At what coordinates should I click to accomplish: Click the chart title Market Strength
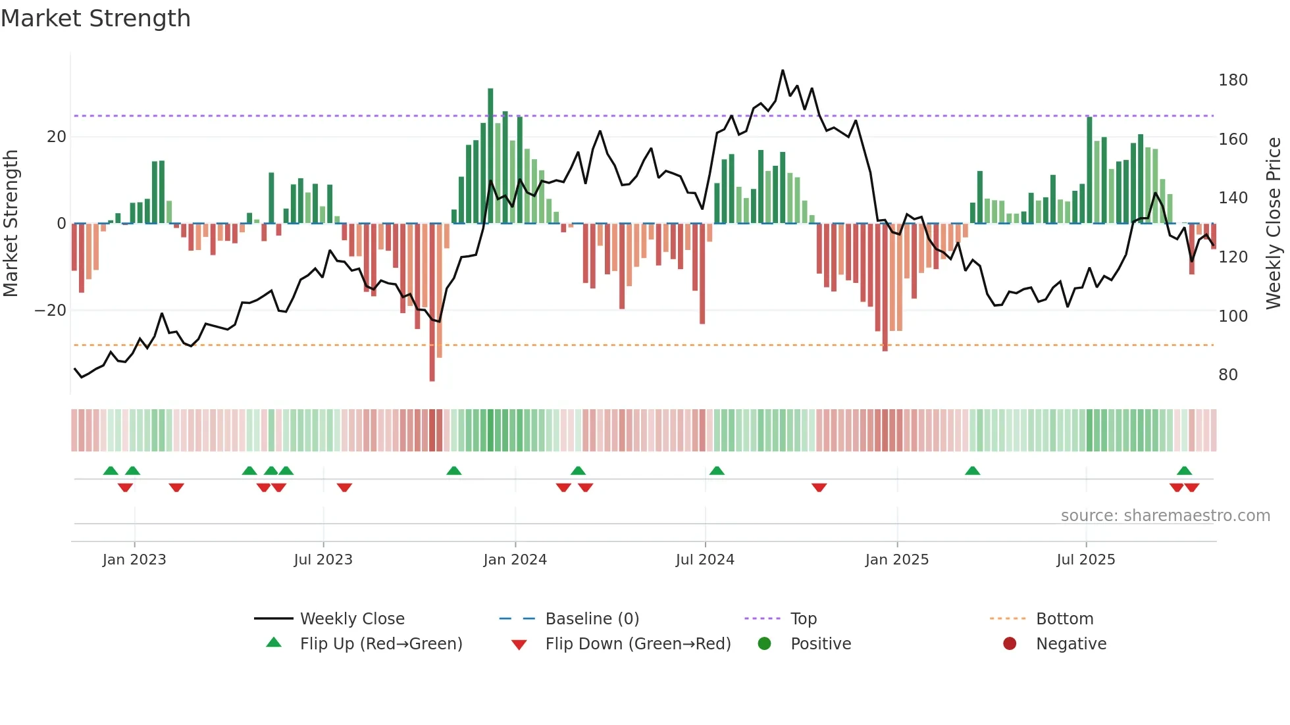pos(95,18)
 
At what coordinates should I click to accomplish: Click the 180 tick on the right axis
pos(1232,80)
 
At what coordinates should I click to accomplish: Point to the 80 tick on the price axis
pos(1227,375)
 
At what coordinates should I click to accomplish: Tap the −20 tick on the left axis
pos(51,311)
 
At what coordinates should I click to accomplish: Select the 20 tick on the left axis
pos(57,137)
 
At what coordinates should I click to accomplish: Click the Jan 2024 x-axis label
pos(515,560)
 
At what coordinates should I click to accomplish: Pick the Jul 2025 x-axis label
pos(1085,560)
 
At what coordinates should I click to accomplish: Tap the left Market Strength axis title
pos(11,224)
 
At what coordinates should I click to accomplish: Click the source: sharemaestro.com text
pos(1165,516)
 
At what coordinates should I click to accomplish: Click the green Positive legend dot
pos(764,643)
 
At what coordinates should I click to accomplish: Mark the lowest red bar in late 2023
pos(432,303)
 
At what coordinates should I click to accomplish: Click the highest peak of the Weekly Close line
pos(783,70)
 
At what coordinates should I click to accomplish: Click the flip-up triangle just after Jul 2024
pos(717,470)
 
